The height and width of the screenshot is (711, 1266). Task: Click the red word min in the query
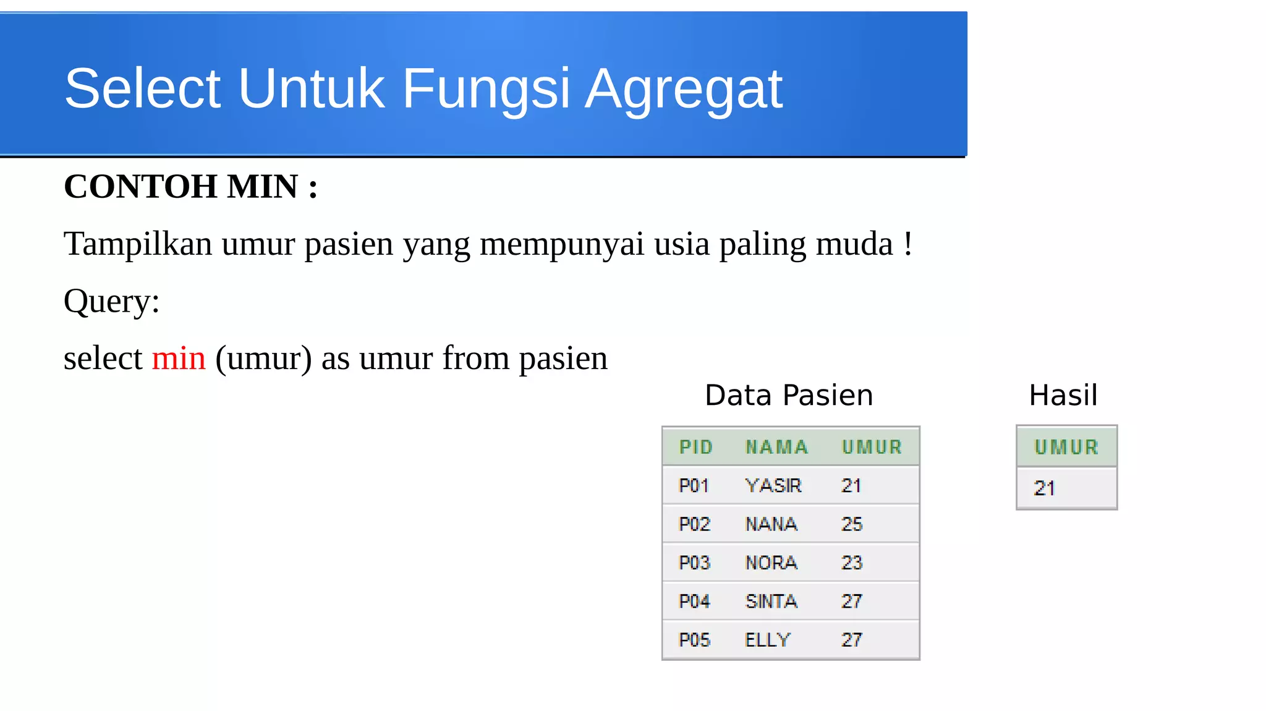pyautogui.click(x=179, y=359)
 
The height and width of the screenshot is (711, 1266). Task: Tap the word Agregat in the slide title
pyautogui.click(x=684, y=90)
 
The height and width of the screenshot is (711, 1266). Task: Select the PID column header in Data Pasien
pyautogui.click(x=696, y=447)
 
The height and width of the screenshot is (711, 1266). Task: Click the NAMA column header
pyautogui.click(x=777, y=447)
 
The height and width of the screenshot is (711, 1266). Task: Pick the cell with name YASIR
pyautogui.click(x=773, y=486)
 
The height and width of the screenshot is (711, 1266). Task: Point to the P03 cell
pyautogui.click(x=694, y=563)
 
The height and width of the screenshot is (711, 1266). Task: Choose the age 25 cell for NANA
pyautogui.click(x=852, y=524)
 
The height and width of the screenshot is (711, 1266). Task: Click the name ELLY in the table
pyautogui.click(x=768, y=640)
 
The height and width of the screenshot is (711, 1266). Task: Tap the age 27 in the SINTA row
pyautogui.click(x=852, y=602)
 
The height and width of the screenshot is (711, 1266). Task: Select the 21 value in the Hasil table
pyautogui.click(x=1045, y=488)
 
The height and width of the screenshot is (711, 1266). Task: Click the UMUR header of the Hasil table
pyautogui.click(x=1066, y=447)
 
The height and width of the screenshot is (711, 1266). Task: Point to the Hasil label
pyautogui.click(x=1063, y=395)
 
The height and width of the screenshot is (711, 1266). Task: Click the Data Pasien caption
pyautogui.click(x=789, y=395)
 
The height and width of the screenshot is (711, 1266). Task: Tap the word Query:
pyautogui.click(x=112, y=302)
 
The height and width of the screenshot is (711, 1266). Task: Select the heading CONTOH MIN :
pyautogui.click(x=191, y=187)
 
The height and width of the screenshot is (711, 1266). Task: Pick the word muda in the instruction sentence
pyautogui.click(x=855, y=244)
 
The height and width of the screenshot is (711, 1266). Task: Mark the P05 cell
pyautogui.click(x=694, y=640)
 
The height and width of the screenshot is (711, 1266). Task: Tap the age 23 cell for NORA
pyautogui.click(x=852, y=563)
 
